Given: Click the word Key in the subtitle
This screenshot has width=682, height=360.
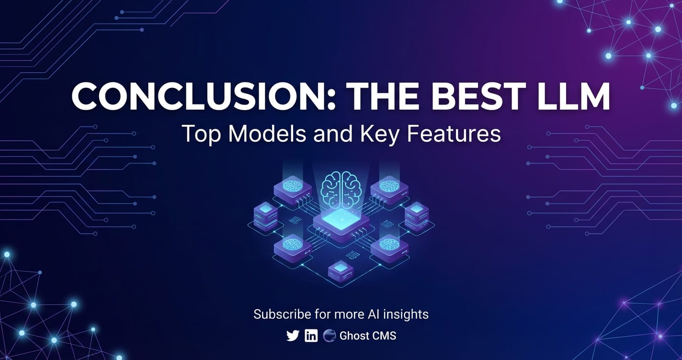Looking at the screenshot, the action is (x=379, y=135).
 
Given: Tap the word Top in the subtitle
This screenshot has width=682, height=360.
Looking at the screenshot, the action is (x=201, y=135).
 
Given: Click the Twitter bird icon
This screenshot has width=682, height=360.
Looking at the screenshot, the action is (x=293, y=336).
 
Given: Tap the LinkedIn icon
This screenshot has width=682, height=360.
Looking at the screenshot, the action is (x=311, y=336).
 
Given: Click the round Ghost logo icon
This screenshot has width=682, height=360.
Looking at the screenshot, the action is (x=329, y=336).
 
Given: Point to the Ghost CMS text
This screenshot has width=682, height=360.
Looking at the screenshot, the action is (x=368, y=336).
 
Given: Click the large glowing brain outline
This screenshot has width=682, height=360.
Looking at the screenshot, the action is (x=341, y=189).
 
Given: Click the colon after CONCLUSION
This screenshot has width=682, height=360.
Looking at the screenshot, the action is (x=332, y=101).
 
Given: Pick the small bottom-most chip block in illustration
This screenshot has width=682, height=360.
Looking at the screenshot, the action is (x=341, y=271).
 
